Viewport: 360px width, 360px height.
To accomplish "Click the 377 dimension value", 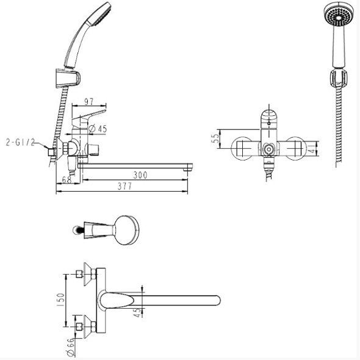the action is [124, 186].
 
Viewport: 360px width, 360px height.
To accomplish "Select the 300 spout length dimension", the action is [140, 175].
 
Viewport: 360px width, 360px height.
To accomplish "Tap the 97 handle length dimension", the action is [88, 101].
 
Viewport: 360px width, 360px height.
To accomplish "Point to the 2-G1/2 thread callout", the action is [20, 143].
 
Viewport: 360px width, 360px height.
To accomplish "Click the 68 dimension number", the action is [67, 179].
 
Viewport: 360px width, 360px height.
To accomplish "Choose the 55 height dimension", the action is [215, 139].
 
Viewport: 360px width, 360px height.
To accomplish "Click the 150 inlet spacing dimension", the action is [60, 300].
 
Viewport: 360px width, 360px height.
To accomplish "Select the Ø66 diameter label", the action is [71, 347].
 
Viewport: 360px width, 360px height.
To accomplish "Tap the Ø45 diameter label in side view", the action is [98, 129].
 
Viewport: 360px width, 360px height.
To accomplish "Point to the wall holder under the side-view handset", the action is [68, 78].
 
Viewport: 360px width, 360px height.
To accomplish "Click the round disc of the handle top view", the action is [126, 230].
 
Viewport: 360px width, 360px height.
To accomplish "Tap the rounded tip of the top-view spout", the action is [217, 300].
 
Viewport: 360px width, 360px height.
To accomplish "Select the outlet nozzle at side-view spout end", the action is [187, 170].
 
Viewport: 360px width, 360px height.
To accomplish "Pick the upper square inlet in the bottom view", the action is [79, 274].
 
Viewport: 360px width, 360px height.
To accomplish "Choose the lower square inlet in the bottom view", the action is [79, 326].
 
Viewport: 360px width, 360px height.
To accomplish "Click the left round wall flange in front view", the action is [242, 148].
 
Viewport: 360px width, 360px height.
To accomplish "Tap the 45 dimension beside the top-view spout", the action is [137, 312].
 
